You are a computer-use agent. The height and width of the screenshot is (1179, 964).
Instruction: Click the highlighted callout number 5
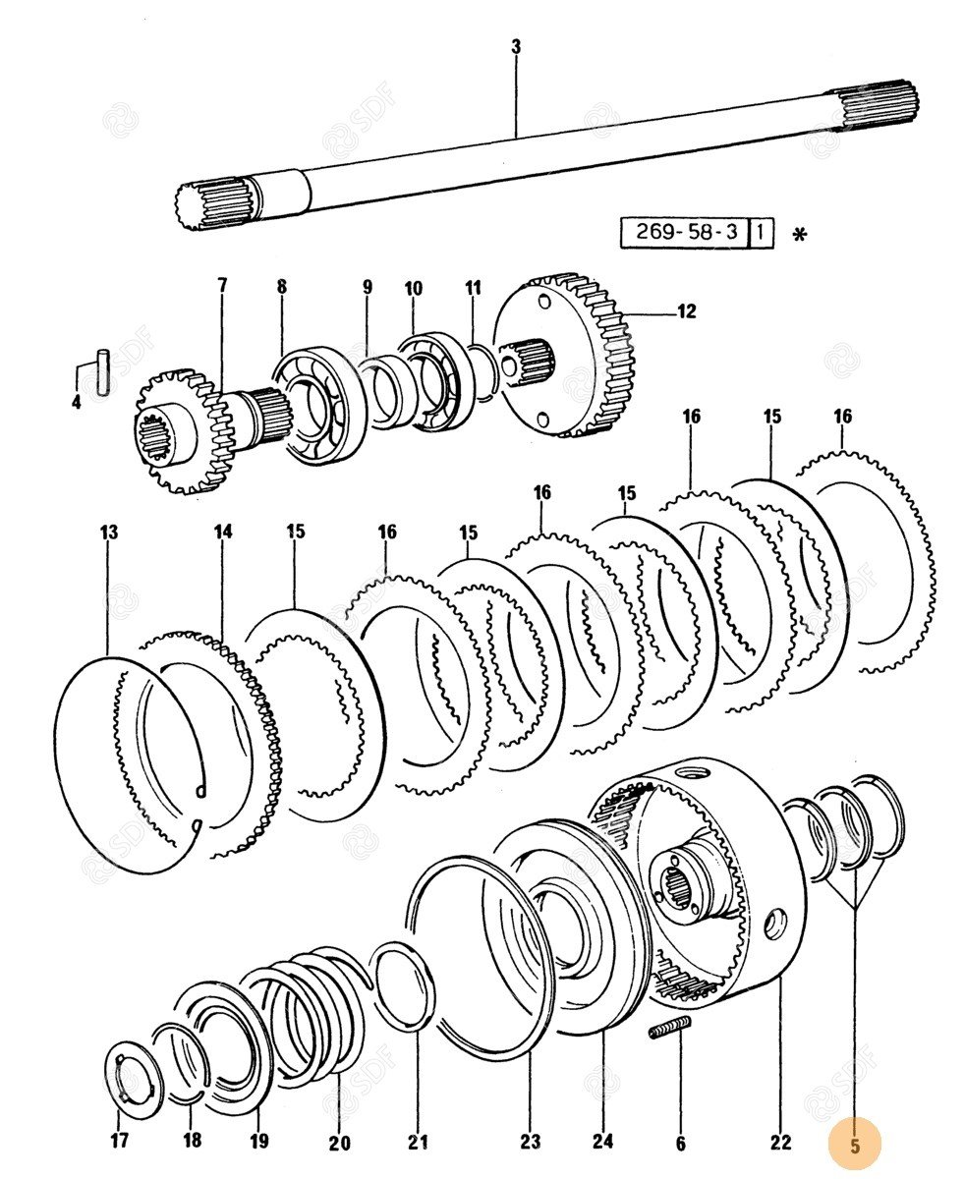[854, 1145]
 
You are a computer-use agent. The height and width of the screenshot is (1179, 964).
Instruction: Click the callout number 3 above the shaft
[516, 46]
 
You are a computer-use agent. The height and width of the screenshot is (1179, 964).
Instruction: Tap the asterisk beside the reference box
[801, 236]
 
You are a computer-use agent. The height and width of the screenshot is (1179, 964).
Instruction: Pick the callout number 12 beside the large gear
[685, 311]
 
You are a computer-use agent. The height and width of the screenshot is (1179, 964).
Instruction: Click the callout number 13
[108, 532]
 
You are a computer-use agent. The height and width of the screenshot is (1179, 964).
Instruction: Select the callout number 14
[223, 532]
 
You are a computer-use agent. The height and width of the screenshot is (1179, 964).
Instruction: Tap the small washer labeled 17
[134, 1078]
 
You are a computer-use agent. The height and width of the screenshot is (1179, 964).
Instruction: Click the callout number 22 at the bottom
[780, 1142]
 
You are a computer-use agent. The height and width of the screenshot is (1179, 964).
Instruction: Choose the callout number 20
[339, 1143]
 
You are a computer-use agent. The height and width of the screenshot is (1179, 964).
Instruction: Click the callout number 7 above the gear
[222, 286]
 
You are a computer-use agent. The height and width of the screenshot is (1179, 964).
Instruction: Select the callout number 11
[474, 288]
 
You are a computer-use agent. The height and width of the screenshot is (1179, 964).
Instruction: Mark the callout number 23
[530, 1142]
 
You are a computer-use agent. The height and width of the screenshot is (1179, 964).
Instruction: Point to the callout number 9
[368, 287]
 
